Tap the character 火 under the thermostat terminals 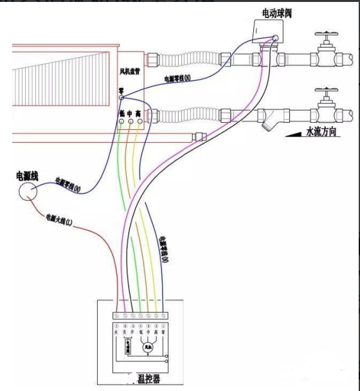pos(116,332)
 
